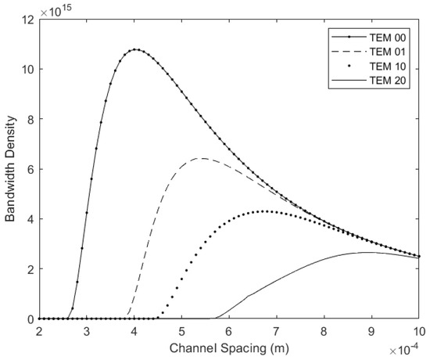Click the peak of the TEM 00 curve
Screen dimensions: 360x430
tap(136, 49)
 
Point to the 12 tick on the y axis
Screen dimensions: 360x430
tap(28, 19)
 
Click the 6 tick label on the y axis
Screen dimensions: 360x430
tap(30, 169)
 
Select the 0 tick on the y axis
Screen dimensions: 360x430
tap(30, 319)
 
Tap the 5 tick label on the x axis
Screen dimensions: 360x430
tap(181, 330)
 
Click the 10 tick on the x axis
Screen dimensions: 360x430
tap(419, 330)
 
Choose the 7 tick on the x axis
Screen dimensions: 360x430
tap(277, 330)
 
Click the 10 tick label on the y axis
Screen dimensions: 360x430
tap(28, 69)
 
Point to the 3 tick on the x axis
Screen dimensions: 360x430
tap(87, 330)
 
